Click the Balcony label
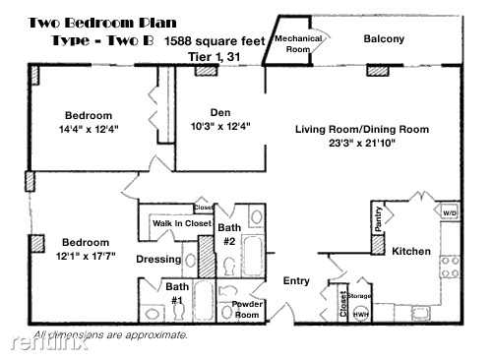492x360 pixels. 384,39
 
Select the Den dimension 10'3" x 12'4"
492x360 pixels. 219,126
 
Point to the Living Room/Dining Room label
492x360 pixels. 363,129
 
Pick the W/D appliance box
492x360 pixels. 450,212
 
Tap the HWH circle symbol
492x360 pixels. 361,315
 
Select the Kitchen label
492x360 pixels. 411,252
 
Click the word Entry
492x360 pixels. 296,281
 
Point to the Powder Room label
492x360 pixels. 246,309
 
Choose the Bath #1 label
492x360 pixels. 177,293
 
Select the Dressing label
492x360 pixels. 158,260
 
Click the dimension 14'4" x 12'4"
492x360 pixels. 89,129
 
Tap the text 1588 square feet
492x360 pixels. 215,40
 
